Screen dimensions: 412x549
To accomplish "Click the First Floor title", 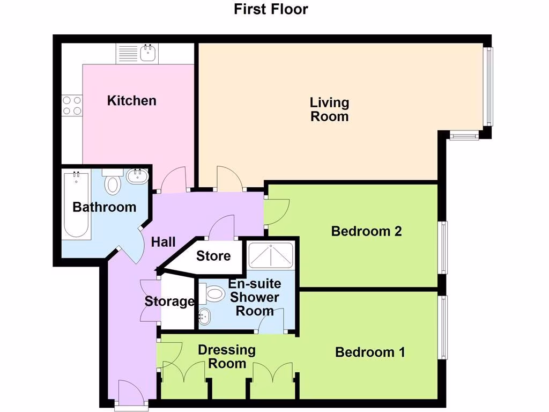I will (x=271, y=9).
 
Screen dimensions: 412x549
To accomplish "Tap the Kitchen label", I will (x=132, y=100).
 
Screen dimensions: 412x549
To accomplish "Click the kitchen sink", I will (x=147, y=53).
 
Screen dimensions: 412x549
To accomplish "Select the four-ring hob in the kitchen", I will (x=71, y=105).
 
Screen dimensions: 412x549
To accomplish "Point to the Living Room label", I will (x=329, y=109).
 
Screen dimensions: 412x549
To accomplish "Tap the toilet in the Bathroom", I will (x=113, y=183).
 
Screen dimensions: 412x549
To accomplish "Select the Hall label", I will (x=163, y=242).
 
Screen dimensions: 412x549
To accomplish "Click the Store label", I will (x=213, y=256).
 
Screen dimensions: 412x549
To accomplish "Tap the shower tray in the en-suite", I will (x=271, y=255).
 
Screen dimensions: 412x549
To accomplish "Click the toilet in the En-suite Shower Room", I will (x=213, y=293).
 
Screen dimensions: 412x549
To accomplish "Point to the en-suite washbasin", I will (x=205, y=315).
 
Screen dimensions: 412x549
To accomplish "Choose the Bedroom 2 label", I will (x=367, y=231).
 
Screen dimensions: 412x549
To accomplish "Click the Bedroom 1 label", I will (x=370, y=352).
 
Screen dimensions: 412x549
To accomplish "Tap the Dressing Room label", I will (x=226, y=357).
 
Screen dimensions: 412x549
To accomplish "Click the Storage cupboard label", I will (x=169, y=301).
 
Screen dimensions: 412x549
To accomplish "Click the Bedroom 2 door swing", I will (x=278, y=211).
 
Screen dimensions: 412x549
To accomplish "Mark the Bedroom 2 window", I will (x=444, y=247).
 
